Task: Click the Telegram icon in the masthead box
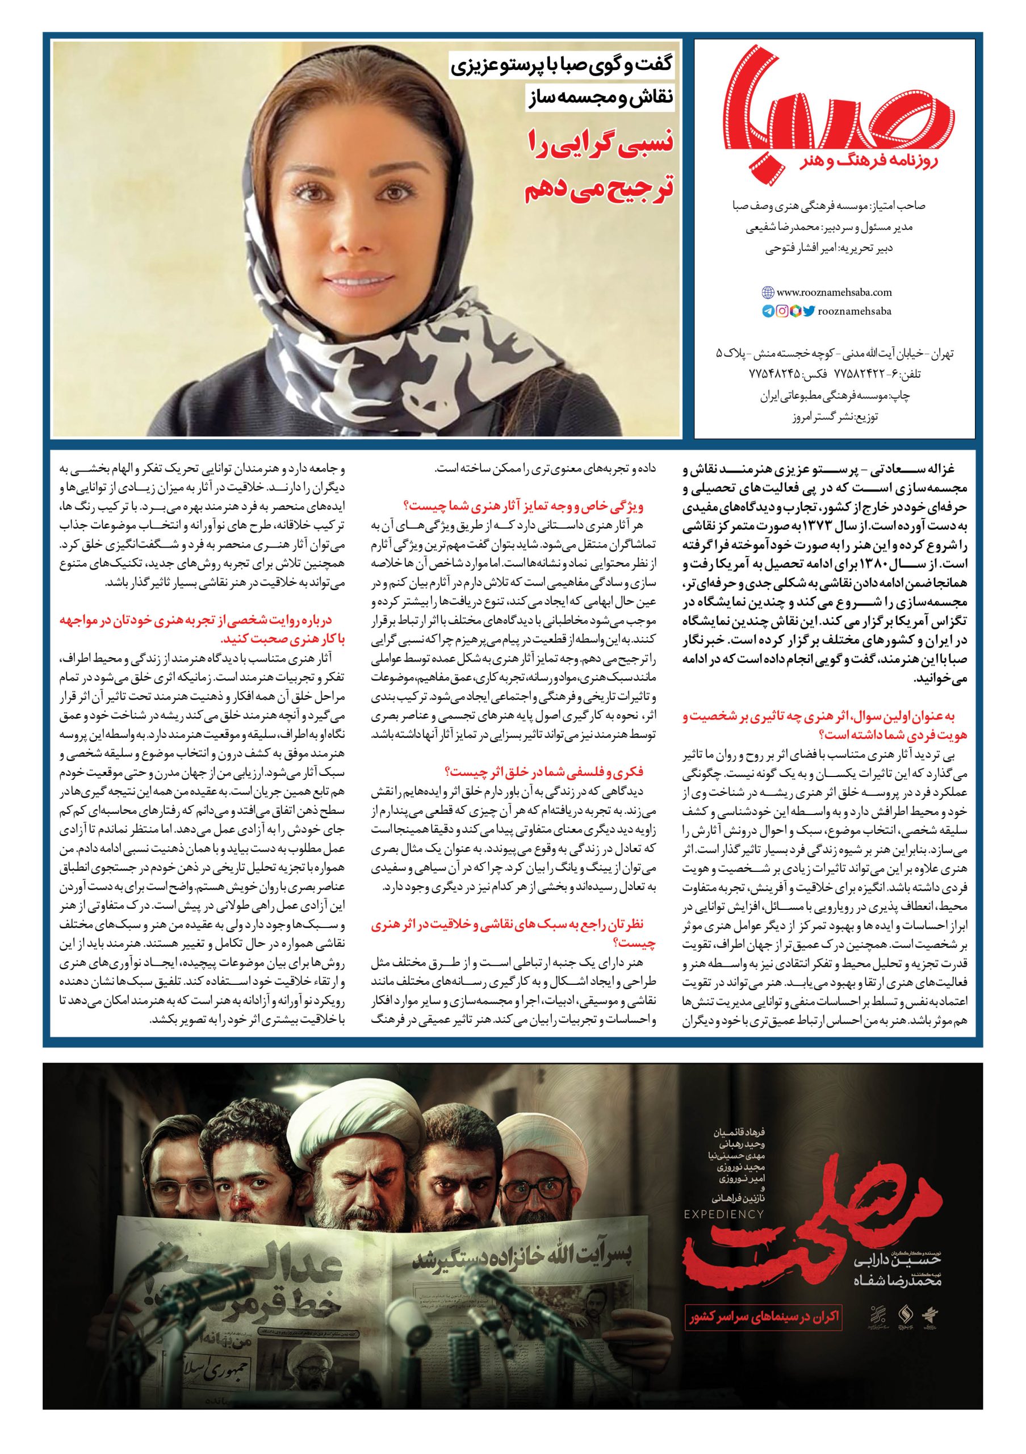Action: pyautogui.click(x=768, y=311)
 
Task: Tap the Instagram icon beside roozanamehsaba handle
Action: pyautogui.click(x=782, y=311)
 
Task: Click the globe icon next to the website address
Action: pyautogui.click(x=768, y=293)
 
